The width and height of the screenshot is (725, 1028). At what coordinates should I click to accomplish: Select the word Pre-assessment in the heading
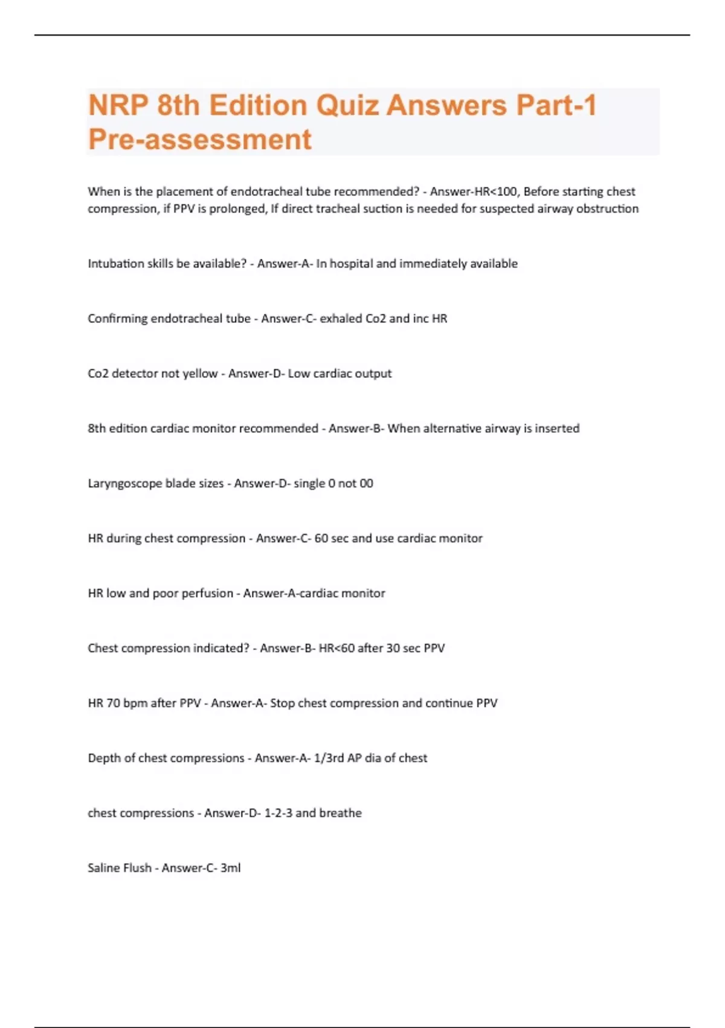click(x=199, y=139)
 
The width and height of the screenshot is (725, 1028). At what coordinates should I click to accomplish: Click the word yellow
click(x=200, y=374)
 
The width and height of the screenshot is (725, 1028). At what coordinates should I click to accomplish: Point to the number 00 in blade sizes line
click(x=366, y=484)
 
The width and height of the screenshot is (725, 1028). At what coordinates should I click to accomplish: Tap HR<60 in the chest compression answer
click(x=336, y=648)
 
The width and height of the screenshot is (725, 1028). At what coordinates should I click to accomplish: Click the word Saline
click(x=103, y=868)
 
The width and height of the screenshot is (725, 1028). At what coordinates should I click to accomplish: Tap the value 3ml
click(x=230, y=868)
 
